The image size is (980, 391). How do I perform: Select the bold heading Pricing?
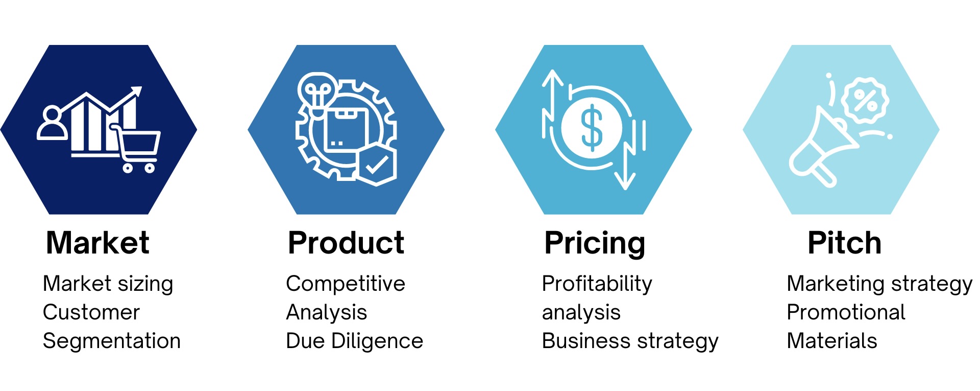[x=595, y=243]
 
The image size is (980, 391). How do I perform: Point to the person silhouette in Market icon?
[x=52, y=123]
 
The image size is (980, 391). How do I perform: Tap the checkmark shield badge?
[x=377, y=165]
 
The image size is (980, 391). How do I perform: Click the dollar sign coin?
[x=592, y=128]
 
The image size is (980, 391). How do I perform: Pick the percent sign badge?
[x=865, y=101]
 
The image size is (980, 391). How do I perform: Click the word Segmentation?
[x=112, y=341]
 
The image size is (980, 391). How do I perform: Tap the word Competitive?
[x=346, y=284]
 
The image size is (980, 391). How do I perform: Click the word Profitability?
[x=597, y=284]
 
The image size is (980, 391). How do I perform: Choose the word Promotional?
[x=846, y=312]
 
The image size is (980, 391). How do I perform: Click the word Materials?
[x=831, y=341]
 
